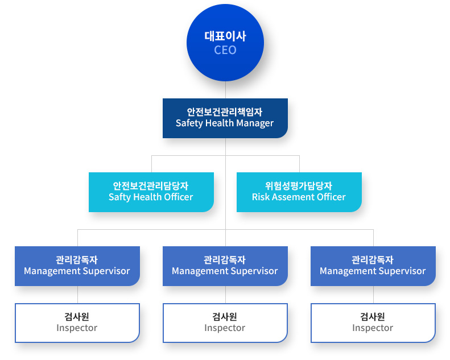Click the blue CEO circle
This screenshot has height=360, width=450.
pyautogui.click(x=225, y=43)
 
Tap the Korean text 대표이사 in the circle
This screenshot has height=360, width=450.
pyautogui.click(x=225, y=36)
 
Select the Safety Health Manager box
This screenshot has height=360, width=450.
pyautogui.click(x=225, y=118)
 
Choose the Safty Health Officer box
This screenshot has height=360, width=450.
pyautogui.click(x=151, y=192)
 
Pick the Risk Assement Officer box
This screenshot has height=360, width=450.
pyautogui.click(x=299, y=192)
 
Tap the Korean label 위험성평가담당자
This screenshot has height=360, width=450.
pyautogui.click(x=299, y=186)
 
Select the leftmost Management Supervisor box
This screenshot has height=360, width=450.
pyautogui.click(x=77, y=266)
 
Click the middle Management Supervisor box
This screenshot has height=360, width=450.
pyautogui.click(x=225, y=266)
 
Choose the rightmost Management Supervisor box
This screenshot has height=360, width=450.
pyautogui.click(x=373, y=266)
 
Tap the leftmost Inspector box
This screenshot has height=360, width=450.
pyautogui.click(x=77, y=323)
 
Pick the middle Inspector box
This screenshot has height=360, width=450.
pyautogui.click(x=225, y=323)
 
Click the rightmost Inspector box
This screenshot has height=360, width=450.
pyautogui.click(x=373, y=323)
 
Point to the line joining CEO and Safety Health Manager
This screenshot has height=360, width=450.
pyautogui.click(x=225, y=90)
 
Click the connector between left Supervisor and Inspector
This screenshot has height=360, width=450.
pyautogui.click(x=77, y=295)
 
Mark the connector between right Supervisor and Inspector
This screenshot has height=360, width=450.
pyautogui.click(x=373, y=295)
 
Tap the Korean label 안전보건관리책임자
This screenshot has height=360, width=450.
pyautogui.click(x=225, y=112)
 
